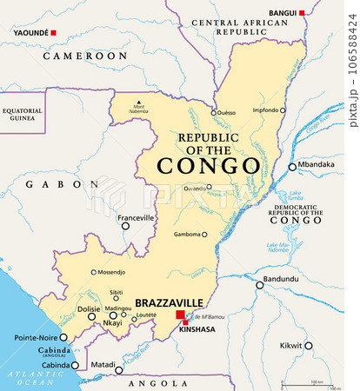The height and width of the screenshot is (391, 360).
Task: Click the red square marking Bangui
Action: point(302,13)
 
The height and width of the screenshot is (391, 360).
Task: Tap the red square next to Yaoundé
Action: point(53,32)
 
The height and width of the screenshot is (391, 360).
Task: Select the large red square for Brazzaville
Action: point(180,315)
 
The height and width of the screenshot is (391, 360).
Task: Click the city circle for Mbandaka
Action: point(293,167)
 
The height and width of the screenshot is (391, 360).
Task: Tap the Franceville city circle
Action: point(125,226)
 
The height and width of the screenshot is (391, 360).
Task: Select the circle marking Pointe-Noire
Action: point(63,337)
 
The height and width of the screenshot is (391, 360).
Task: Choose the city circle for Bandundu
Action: point(259,284)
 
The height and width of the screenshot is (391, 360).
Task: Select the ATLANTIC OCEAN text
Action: point(26,378)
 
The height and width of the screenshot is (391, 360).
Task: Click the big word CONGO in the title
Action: point(208,166)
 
